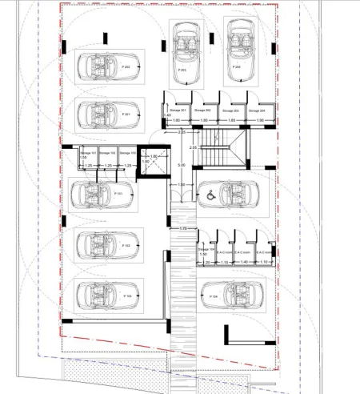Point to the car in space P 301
pyautogui.click(x=107, y=113)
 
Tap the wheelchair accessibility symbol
pyautogui.click(x=210, y=193)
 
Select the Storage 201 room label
pyautogui.click(x=178, y=110)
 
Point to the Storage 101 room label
pyautogui.click(x=89, y=151)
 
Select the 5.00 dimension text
pyautogui.click(x=181, y=166)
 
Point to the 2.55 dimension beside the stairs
pyautogui.click(x=192, y=148)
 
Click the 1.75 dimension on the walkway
pyautogui.click(x=182, y=229)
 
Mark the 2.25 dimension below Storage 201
pyautogui.click(x=181, y=131)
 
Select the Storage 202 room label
pyautogui.click(x=203, y=110)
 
